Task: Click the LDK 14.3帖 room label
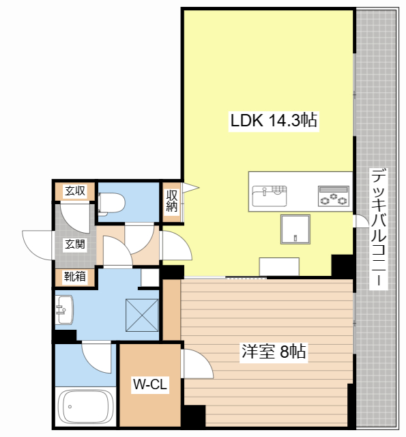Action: click(x=274, y=120)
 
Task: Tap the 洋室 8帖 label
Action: click(x=274, y=352)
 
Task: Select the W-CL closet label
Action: click(x=150, y=384)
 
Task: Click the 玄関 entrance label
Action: click(x=75, y=244)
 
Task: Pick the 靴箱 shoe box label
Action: click(x=75, y=277)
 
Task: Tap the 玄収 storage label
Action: click(x=75, y=191)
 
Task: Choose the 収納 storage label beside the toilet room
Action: click(x=172, y=201)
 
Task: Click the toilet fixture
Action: click(x=111, y=203)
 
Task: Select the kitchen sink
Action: click(x=270, y=196)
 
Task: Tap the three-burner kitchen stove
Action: click(x=334, y=196)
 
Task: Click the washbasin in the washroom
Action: click(x=65, y=309)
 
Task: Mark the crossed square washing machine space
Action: click(x=142, y=315)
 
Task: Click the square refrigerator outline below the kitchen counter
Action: click(x=295, y=229)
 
